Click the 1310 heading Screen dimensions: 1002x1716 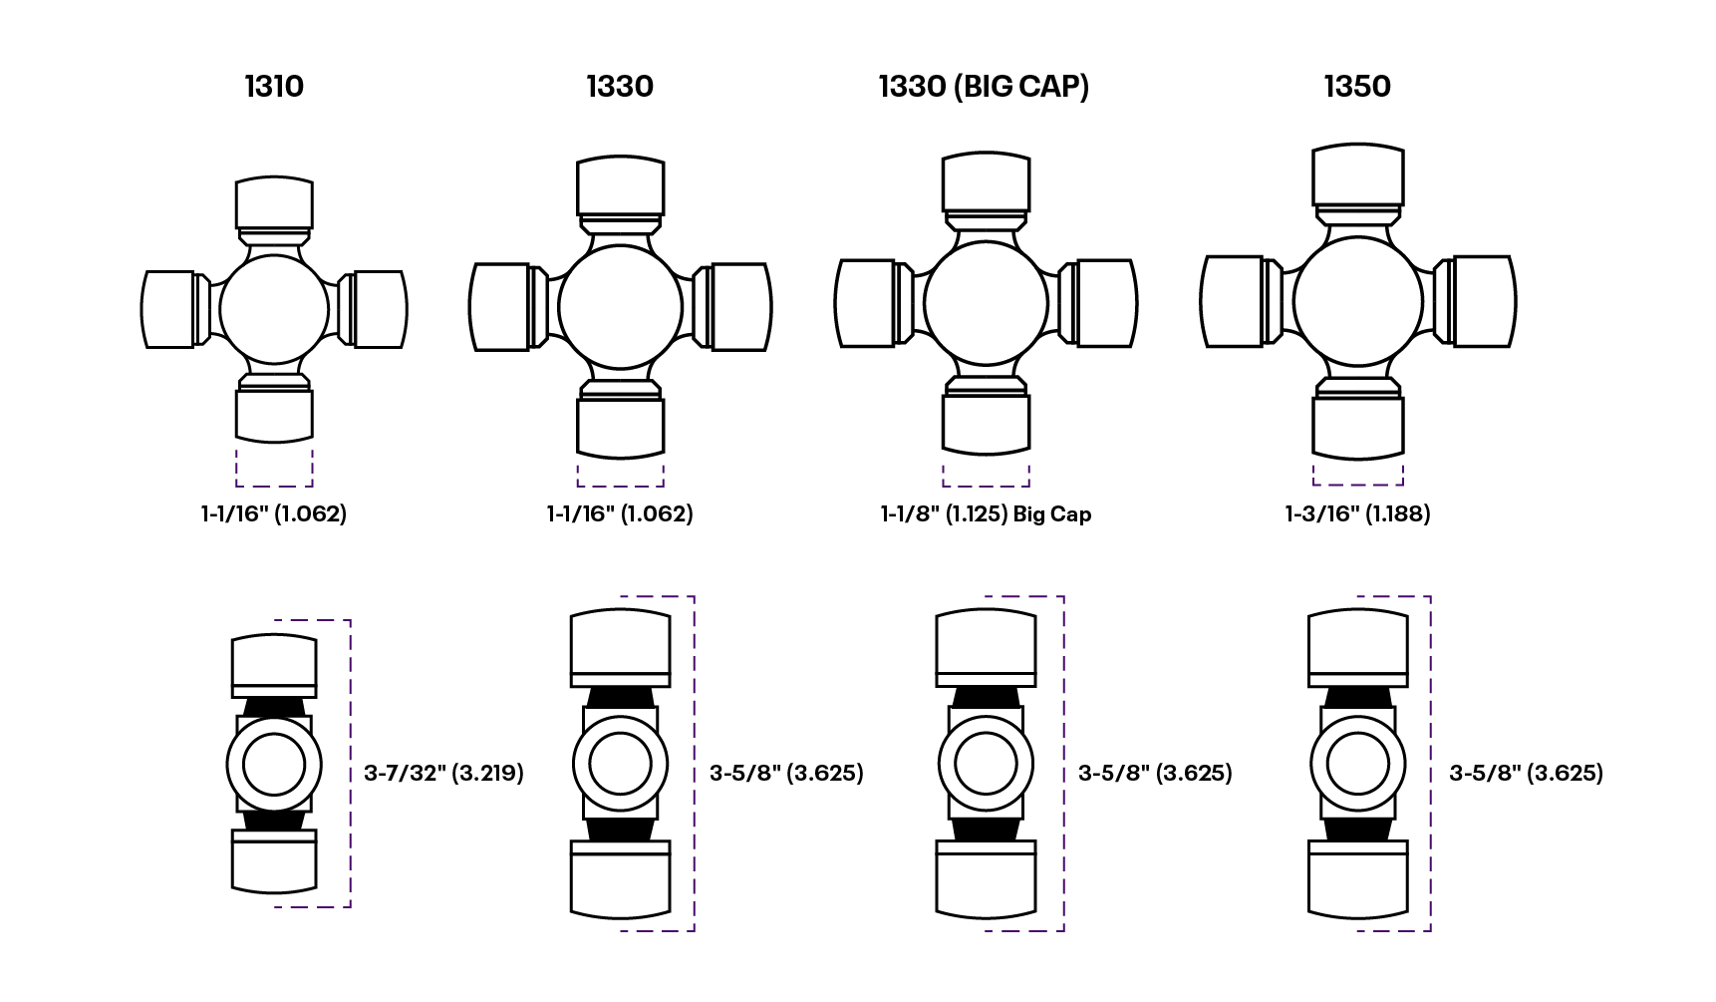point(274,87)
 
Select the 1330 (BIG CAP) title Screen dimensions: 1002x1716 point(984,87)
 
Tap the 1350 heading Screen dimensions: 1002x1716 point(1357,87)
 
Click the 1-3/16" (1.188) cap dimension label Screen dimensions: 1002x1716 point(1357,513)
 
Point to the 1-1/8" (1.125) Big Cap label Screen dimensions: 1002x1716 point(986,514)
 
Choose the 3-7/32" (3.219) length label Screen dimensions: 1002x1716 point(443,773)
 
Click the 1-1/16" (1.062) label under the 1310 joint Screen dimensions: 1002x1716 point(274,513)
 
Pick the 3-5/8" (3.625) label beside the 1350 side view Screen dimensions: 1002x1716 point(1526,773)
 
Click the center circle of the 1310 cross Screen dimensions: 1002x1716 point(274,309)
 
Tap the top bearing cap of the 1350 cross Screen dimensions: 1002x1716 point(1357,175)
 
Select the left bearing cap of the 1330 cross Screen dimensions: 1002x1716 point(500,307)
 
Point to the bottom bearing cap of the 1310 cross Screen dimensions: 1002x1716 point(274,415)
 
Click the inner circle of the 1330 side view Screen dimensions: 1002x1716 point(620,765)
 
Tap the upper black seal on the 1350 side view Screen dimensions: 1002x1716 point(1357,698)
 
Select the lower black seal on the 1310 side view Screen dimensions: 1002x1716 point(274,821)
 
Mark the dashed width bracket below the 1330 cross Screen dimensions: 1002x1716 point(620,477)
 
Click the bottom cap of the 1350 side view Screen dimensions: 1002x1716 point(1357,883)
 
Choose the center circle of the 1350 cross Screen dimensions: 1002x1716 point(1357,301)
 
